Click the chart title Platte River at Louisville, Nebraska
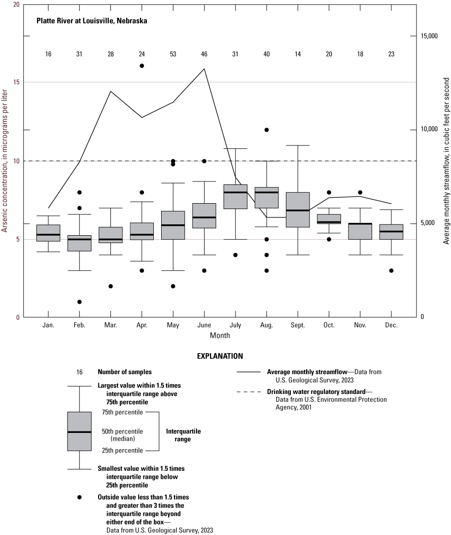point(91,21)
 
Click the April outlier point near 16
point(142,66)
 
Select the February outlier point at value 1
point(79,302)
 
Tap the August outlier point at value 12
point(267,130)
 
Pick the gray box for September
point(298,210)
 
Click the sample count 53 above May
point(173,53)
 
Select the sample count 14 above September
point(298,53)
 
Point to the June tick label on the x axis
point(204,325)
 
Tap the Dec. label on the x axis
point(391,325)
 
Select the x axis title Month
point(219,335)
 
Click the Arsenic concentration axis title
point(4,161)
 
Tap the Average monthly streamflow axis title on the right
point(446,161)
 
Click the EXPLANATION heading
point(219,356)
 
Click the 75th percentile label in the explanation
point(123,412)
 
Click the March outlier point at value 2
point(110,286)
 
